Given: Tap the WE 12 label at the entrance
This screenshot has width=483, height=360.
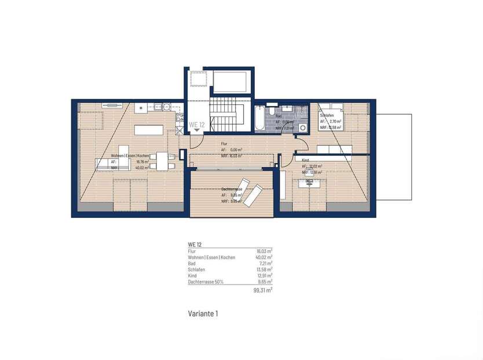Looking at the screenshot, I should coord(197,125).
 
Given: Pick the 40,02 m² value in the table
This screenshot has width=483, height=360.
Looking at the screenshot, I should coord(264,257).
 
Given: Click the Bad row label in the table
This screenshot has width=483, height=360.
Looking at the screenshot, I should coord(192,263).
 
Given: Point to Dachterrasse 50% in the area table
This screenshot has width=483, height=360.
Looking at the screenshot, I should coord(206,282).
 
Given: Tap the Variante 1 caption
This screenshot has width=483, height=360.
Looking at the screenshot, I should coord(203,314).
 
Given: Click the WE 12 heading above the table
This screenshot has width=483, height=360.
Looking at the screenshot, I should coord(195,245).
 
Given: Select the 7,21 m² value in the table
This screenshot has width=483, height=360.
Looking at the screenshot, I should coord(265,263).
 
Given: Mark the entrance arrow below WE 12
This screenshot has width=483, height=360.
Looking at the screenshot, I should coord(197,131).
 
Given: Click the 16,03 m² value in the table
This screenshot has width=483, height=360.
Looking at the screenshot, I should coord(264,250).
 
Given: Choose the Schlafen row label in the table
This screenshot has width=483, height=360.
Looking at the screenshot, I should coord(196,270).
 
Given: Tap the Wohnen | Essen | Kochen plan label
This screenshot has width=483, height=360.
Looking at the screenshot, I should coord(131,156).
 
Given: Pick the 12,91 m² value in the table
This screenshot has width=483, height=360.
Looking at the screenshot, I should coord(264,276).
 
